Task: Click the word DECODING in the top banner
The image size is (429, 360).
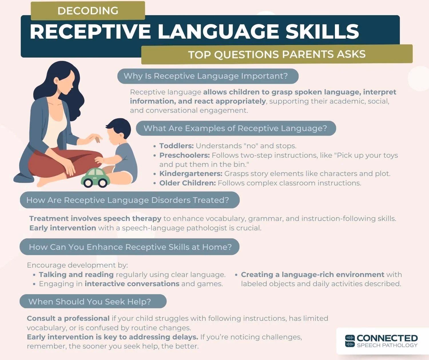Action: (x=88, y=11)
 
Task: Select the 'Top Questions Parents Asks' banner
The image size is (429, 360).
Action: (x=277, y=54)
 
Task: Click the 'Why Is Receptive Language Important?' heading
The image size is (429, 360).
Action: (x=206, y=76)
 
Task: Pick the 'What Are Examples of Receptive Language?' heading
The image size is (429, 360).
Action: (x=235, y=128)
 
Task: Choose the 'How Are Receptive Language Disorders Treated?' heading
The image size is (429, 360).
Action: (x=128, y=200)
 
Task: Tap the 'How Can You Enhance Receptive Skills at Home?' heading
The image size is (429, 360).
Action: (x=130, y=247)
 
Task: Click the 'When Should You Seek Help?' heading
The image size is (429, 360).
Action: (x=90, y=302)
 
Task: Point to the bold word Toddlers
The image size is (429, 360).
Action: (x=176, y=146)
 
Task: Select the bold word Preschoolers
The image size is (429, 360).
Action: (x=184, y=155)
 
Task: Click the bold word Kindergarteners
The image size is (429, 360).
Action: (x=191, y=174)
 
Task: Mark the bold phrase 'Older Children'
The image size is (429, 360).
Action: (x=187, y=183)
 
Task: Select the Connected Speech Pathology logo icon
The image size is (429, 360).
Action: (x=350, y=341)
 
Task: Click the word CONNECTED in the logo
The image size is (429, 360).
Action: (x=387, y=338)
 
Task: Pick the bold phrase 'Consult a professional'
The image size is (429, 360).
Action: (x=68, y=319)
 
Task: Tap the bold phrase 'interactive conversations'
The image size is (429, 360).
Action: (x=132, y=284)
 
